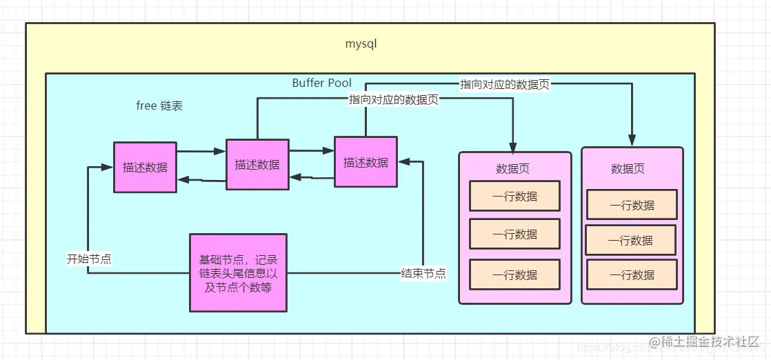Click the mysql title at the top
pos(361,43)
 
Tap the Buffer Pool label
pos(321,83)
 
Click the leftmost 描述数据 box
pos(145,167)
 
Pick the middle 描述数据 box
pos(257,164)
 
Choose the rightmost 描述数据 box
pos(366,162)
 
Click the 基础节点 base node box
pos(238,273)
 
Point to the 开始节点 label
pos(89,259)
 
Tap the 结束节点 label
pos(423,273)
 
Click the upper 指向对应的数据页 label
pos(505,84)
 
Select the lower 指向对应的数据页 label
pos(394,99)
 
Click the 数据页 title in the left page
pos(512,168)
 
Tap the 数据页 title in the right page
pos(628,168)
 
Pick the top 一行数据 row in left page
pos(514,196)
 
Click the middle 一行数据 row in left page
pos(514,234)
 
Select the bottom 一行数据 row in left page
pos(514,274)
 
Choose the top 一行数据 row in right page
pos(632,205)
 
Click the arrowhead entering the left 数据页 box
pos(513,148)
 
